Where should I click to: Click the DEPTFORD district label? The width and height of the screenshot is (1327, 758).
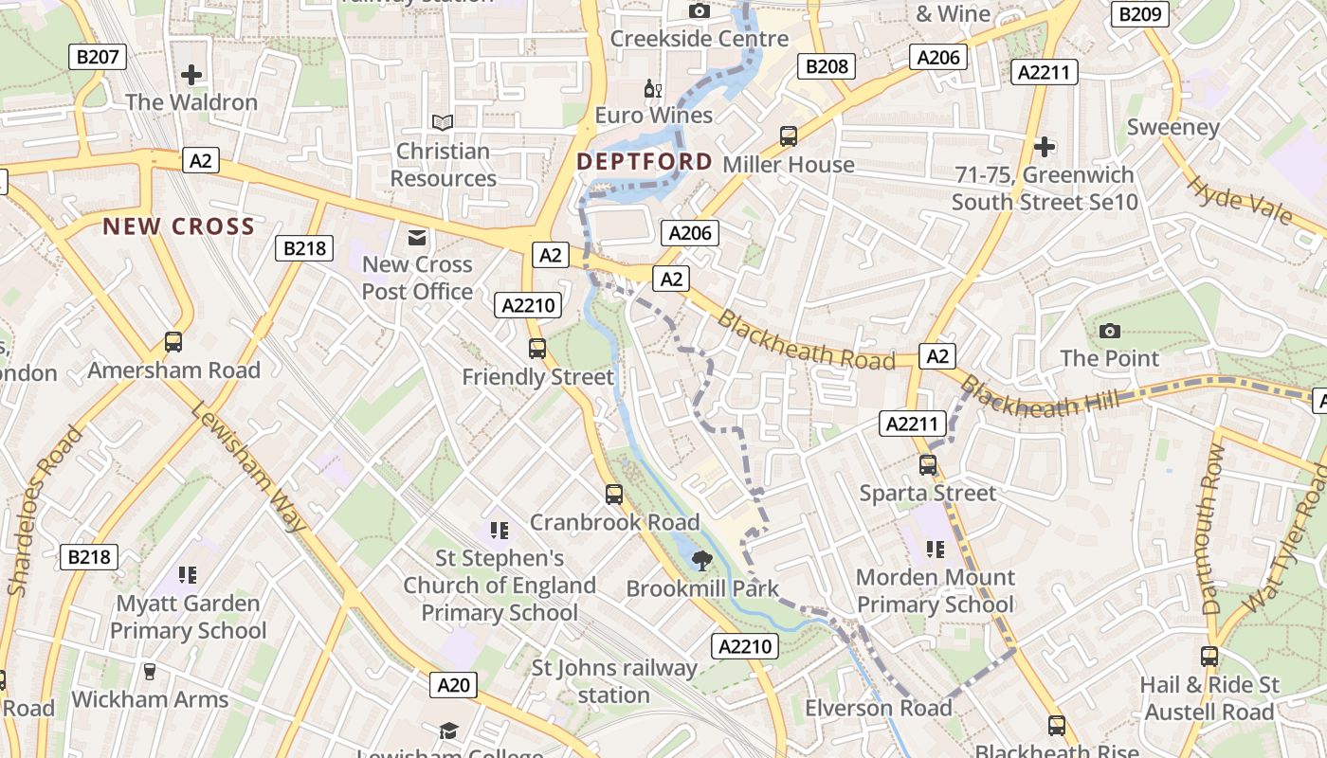(645, 162)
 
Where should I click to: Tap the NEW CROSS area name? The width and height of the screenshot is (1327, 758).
(179, 226)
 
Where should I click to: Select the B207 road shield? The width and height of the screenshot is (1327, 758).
(98, 57)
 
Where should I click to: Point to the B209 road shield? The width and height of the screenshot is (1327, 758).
(1139, 13)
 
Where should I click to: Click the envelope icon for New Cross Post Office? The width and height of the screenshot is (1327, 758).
(417, 237)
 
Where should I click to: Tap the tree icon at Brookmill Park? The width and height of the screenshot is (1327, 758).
(702, 561)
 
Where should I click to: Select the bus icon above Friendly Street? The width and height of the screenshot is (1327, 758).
(537, 349)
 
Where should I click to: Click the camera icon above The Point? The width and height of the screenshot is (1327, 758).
(1110, 331)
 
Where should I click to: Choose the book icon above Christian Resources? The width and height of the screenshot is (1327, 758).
(443, 122)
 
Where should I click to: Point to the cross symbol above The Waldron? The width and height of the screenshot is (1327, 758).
(191, 74)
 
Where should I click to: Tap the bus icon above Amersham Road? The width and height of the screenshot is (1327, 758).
(173, 342)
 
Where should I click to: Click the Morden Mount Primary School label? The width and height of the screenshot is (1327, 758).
(935, 590)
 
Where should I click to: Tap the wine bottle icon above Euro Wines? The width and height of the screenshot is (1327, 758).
(653, 89)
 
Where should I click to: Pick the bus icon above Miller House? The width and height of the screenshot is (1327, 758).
(789, 136)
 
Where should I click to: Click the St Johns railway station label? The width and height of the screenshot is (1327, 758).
(614, 681)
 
